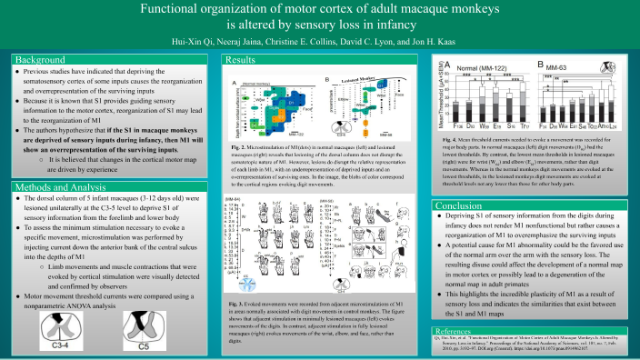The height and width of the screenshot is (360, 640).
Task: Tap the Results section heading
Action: click(241, 60)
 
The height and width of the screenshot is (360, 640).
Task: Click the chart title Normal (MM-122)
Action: click(477, 68)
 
